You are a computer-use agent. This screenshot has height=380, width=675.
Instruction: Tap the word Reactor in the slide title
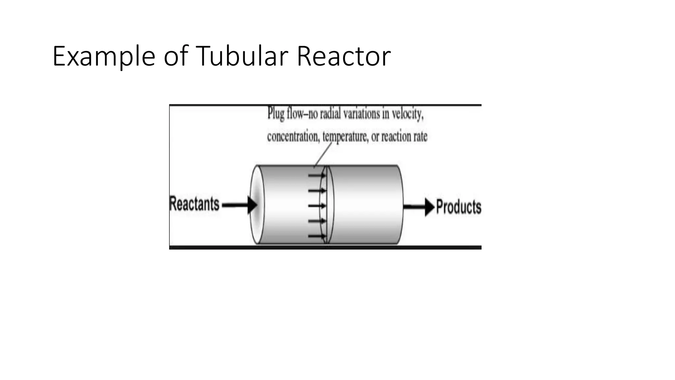tap(343, 56)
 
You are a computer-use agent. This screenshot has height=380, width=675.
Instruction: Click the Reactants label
tap(194, 204)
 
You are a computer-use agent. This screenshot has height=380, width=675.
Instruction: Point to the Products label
tap(458, 207)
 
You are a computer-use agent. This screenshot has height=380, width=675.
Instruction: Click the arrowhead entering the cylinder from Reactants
tap(252, 205)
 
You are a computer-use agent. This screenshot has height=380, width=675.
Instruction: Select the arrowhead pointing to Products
tap(429, 207)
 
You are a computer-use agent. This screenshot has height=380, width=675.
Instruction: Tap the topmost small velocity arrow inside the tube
tap(317, 175)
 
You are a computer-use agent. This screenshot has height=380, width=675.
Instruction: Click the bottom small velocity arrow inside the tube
tap(317, 236)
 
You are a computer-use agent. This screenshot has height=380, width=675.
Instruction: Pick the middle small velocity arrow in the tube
tap(317, 206)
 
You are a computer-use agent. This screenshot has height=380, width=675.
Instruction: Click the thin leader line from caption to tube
tap(323, 155)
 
